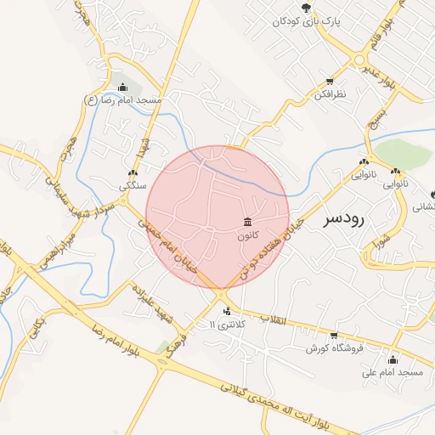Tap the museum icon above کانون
(x=247, y=222)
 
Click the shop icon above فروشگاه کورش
(x=334, y=335)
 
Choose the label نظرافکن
(x=329, y=96)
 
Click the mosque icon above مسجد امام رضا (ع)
(x=123, y=87)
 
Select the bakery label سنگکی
(x=133, y=184)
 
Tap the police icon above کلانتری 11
(x=225, y=312)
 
